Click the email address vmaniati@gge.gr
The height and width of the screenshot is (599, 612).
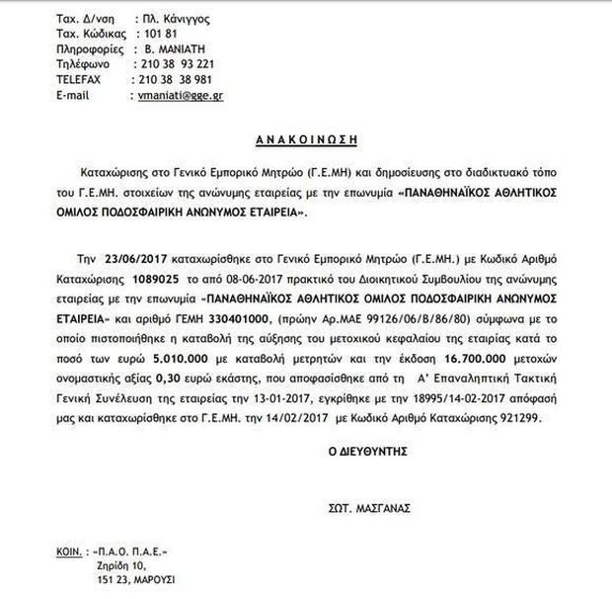click(x=179, y=96)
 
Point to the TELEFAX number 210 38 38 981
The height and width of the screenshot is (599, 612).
click(x=174, y=80)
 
